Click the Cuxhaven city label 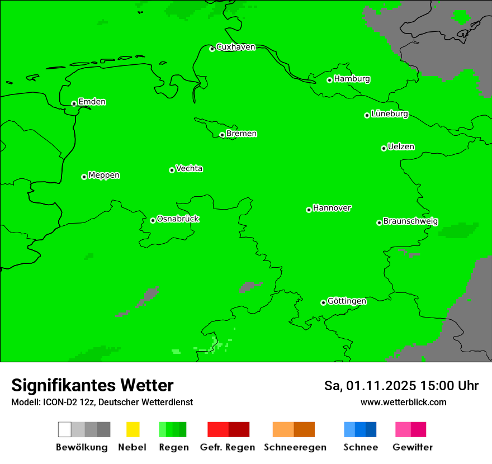[235, 48]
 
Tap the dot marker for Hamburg [329, 80]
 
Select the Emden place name [92, 102]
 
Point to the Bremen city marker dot [222, 135]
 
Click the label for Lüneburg [390, 114]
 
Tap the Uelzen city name [401, 147]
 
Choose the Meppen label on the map [104, 176]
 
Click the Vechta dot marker [172, 170]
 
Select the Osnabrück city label [178, 219]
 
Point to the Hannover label [332, 208]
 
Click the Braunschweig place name [410, 221]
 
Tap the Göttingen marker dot [323, 302]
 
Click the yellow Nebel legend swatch [133, 429]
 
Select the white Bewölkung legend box [65, 429]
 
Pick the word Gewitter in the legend [413, 447]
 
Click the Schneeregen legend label [295, 447]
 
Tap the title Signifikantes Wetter [92, 386]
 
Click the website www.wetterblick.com [403, 402]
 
